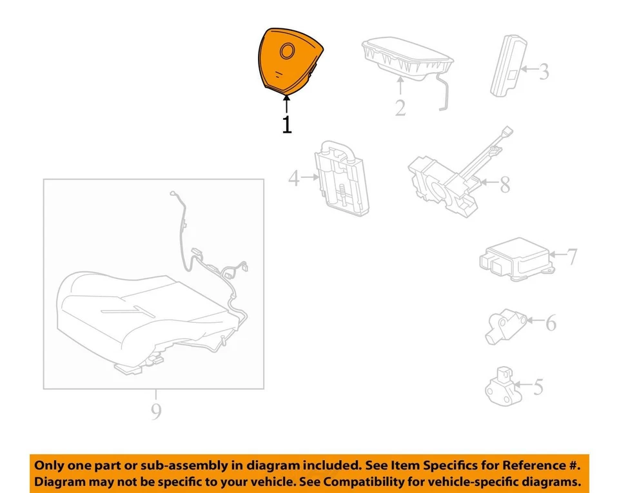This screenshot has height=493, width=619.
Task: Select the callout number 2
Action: click(x=400, y=107)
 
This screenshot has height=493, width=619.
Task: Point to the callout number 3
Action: click(x=544, y=71)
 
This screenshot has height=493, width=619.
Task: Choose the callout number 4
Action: click(x=294, y=178)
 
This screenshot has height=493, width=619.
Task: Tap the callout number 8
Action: click(x=504, y=185)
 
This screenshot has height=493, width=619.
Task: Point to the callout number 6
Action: click(x=550, y=323)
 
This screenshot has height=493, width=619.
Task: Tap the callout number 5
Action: click(x=538, y=387)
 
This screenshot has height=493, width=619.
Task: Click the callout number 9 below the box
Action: click(x=155, y=411)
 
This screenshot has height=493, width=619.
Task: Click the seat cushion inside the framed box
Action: click(x=142, y=309)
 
